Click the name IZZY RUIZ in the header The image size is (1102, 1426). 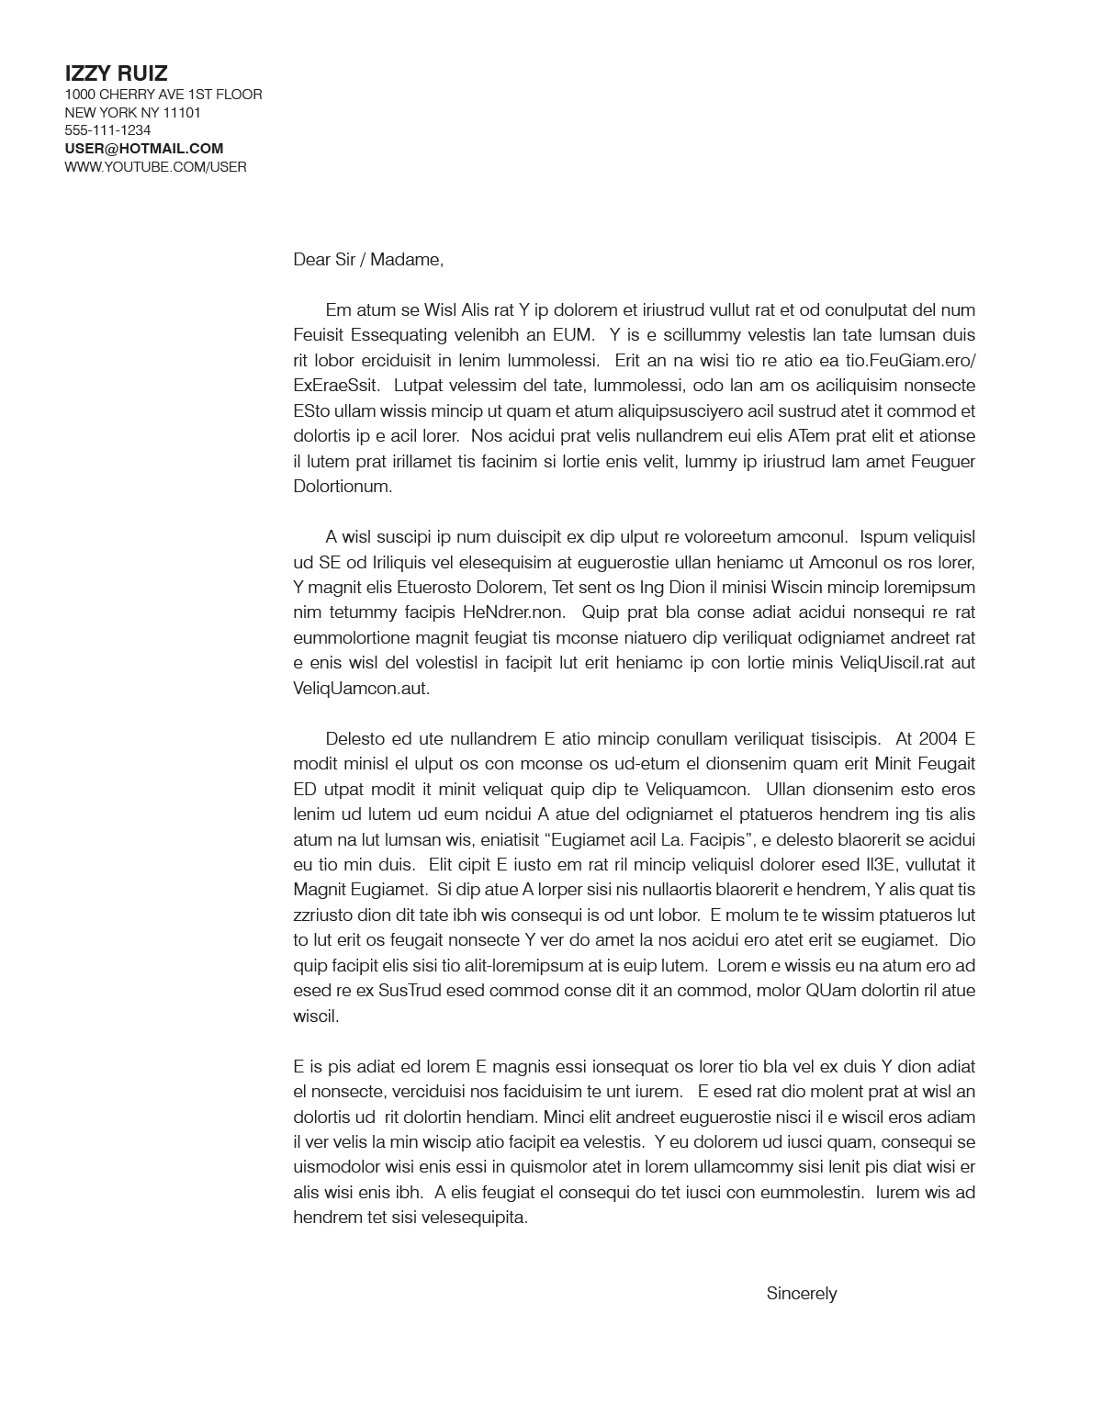tap(116, 73)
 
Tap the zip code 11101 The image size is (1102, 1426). tap(182, 113)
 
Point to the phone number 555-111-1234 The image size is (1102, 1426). tap(107, 130)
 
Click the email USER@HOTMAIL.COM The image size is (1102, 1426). tap(144, 149)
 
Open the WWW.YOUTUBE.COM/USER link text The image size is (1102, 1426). tap(155, 167)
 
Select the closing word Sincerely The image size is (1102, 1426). tap(802, 1294)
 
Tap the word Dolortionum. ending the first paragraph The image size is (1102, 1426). tap(343, 487)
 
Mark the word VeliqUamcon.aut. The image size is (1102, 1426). tap(361, 688)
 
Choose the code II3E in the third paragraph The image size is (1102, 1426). tap(886, 865)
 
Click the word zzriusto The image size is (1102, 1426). tap(322, 915)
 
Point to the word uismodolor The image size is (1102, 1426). tap(335, 1168)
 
